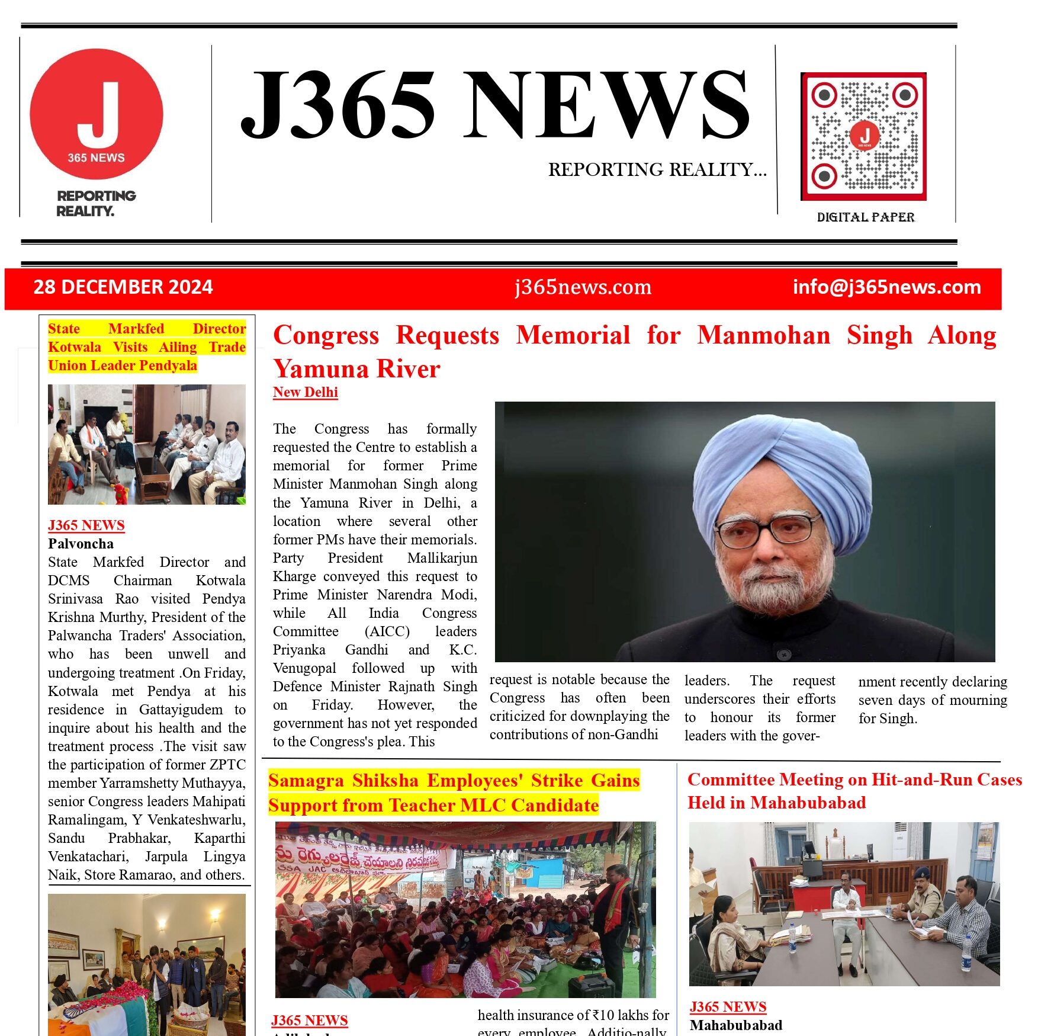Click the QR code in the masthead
[863, 136]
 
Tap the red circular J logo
[97, 114]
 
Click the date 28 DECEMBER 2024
[123, 287]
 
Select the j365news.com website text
[583, 287]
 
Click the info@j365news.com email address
[886, 287]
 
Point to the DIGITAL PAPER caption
[866, 217]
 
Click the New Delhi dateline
[305, 392]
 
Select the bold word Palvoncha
[81, 544]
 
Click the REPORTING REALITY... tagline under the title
[657, 170]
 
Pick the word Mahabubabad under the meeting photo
[735, 1025]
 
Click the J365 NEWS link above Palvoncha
[86, 525]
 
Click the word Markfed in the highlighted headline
[136, 329]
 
